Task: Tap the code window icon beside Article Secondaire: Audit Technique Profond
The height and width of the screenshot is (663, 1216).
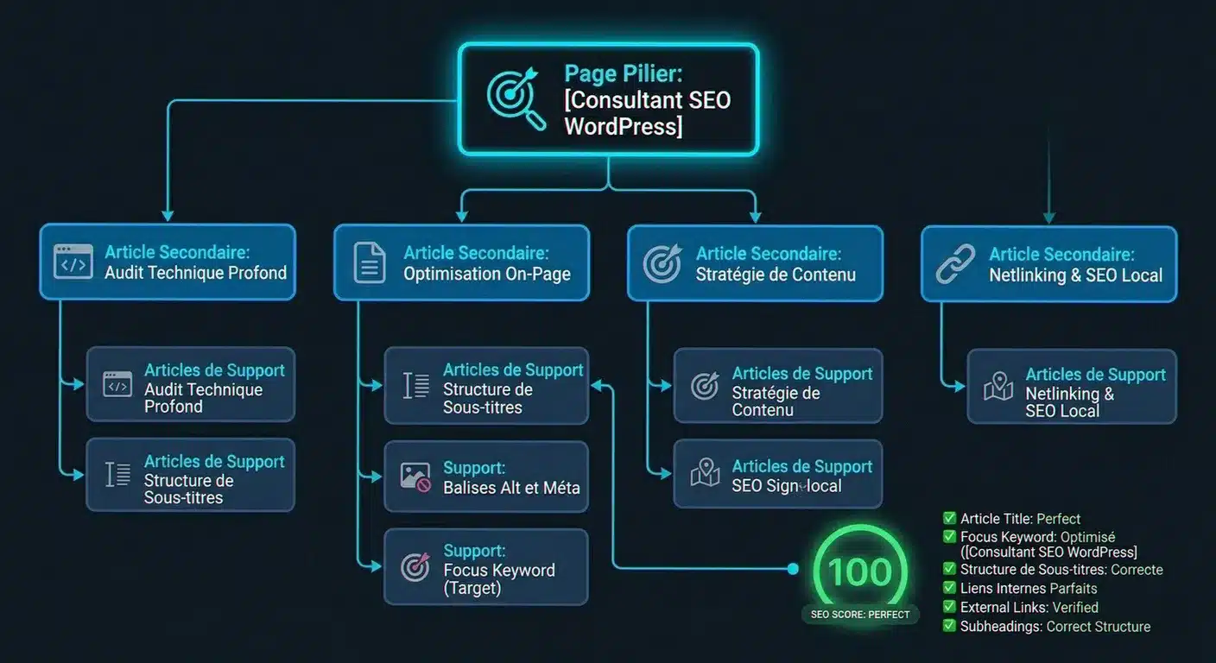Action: click(73, 262)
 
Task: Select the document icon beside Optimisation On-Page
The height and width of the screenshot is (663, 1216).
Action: click(370, 263)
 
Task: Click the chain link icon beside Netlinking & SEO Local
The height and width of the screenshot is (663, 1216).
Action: click(955, 264)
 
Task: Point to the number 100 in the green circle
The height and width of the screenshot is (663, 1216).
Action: click(860, 572)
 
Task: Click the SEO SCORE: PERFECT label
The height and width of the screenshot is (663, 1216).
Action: click(860, 615)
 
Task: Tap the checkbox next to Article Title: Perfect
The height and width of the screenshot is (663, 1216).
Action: click(949, 518)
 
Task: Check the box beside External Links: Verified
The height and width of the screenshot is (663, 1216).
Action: click(949, 607)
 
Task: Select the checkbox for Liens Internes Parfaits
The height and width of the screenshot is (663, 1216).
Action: click(949, 588)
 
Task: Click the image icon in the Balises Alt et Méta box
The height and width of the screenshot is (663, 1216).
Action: click(415, 477)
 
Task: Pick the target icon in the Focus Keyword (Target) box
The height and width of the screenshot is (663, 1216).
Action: click(415, 567)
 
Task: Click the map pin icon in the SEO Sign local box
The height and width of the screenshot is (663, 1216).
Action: click(706, 472)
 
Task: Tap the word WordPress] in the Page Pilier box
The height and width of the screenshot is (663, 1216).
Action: click(624, 127)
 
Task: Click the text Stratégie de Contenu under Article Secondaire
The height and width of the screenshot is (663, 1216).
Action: click(776, 275)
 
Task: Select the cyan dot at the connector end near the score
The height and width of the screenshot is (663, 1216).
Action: click(793, 569)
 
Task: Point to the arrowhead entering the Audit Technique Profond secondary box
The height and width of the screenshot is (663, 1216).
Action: click(168, 216)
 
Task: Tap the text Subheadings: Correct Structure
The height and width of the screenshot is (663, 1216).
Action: click(1055, 627)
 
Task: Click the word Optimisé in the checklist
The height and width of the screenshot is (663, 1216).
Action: click(1088, 537)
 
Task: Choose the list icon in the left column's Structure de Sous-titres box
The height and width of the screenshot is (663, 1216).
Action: click(117, 476)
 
